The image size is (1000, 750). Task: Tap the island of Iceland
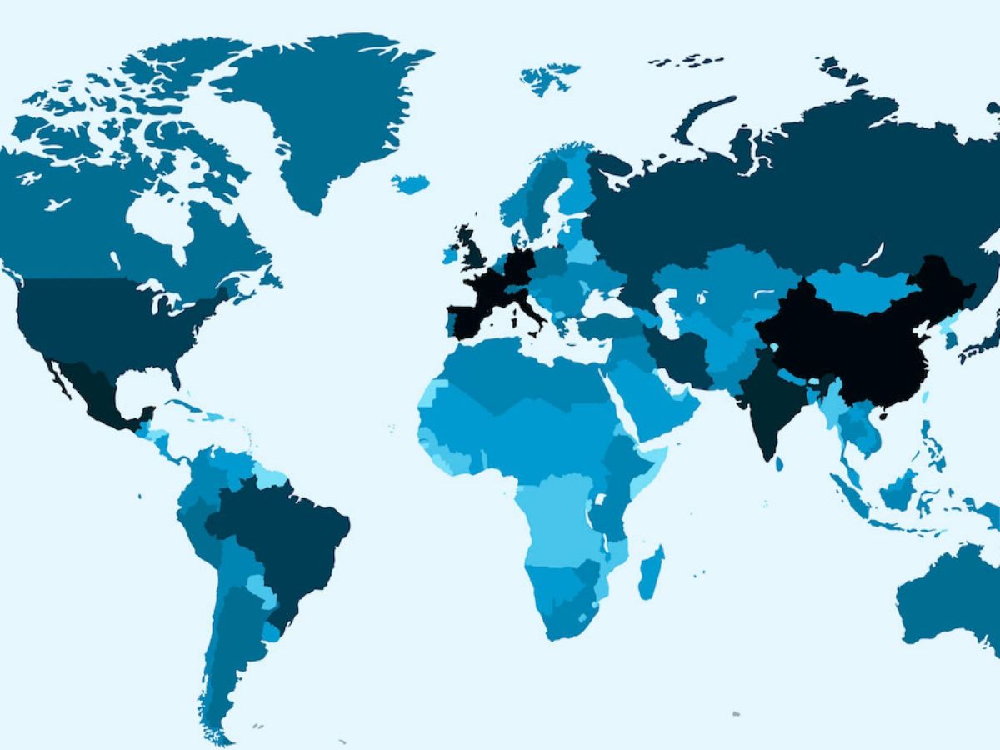pos(410,183)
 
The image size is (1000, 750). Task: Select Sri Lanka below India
pos(779,462)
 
